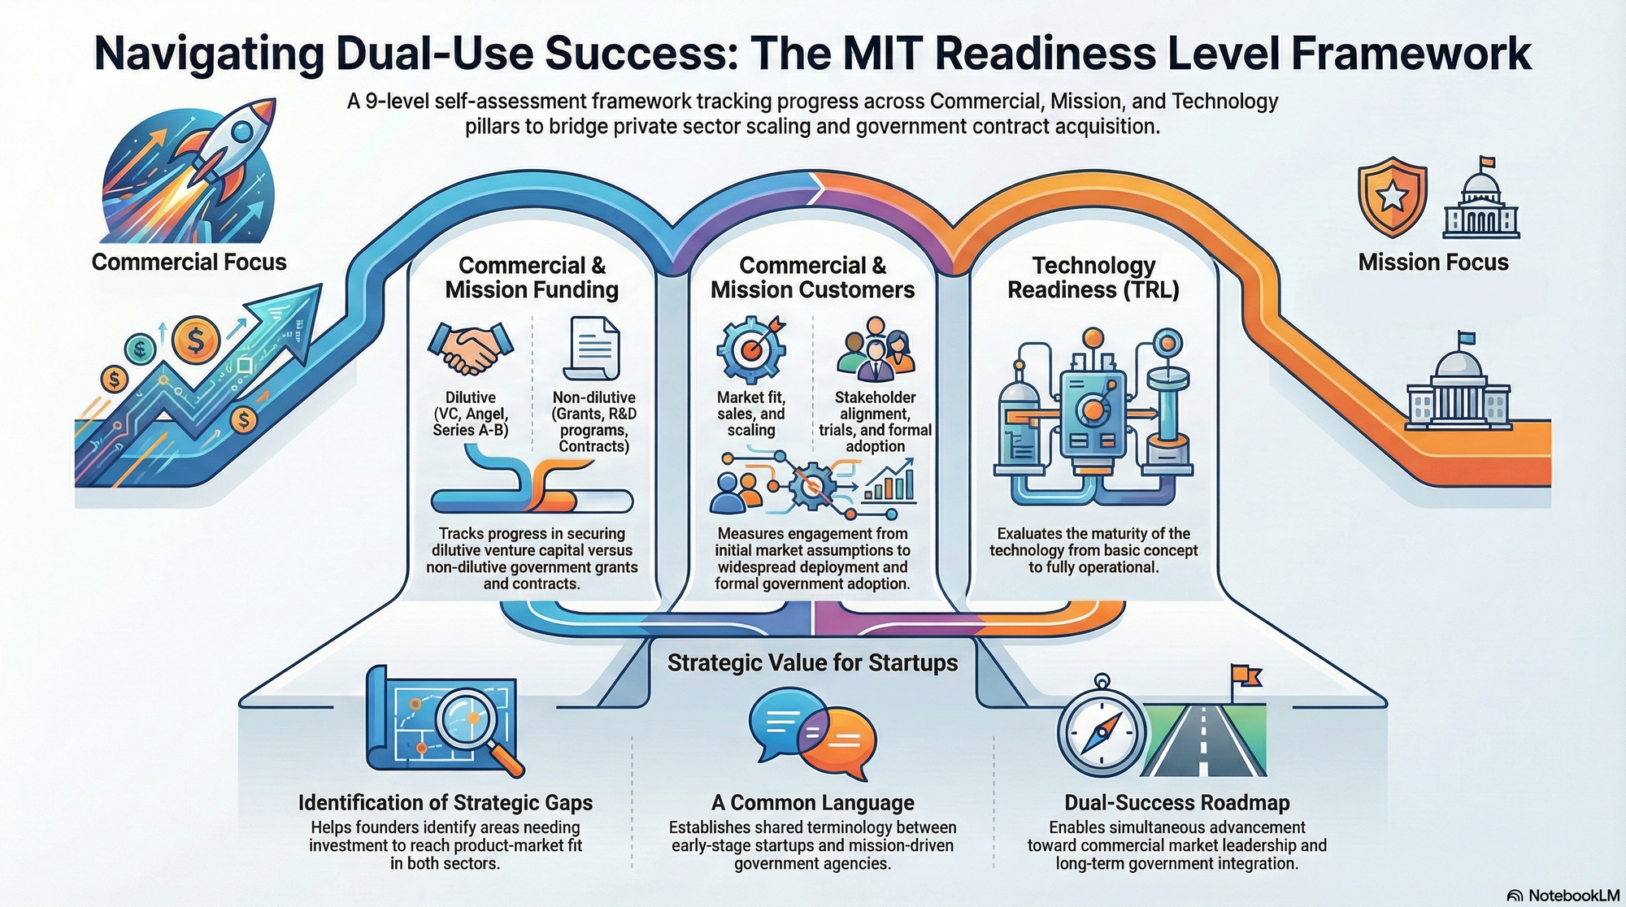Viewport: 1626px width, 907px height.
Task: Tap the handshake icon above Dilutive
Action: point(470,348)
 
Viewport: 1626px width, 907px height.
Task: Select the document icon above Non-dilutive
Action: point(593,348)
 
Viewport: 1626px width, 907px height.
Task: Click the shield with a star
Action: point(1392,196)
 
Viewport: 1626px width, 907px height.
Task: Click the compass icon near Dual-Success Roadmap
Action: point(1102,730)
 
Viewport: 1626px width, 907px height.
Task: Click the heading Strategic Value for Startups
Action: point(812,663)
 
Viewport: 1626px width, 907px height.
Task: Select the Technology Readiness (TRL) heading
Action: point(1093,278)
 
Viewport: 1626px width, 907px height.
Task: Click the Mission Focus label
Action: point(1433,262)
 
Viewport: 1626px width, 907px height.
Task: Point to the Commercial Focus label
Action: point(189,262)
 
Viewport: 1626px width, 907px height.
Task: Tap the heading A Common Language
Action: point(812,803)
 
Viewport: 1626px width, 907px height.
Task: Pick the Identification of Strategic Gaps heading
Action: point(445,803)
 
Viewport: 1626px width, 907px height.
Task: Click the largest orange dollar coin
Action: point(196,340)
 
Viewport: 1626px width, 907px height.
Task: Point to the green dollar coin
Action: point(140,349)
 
